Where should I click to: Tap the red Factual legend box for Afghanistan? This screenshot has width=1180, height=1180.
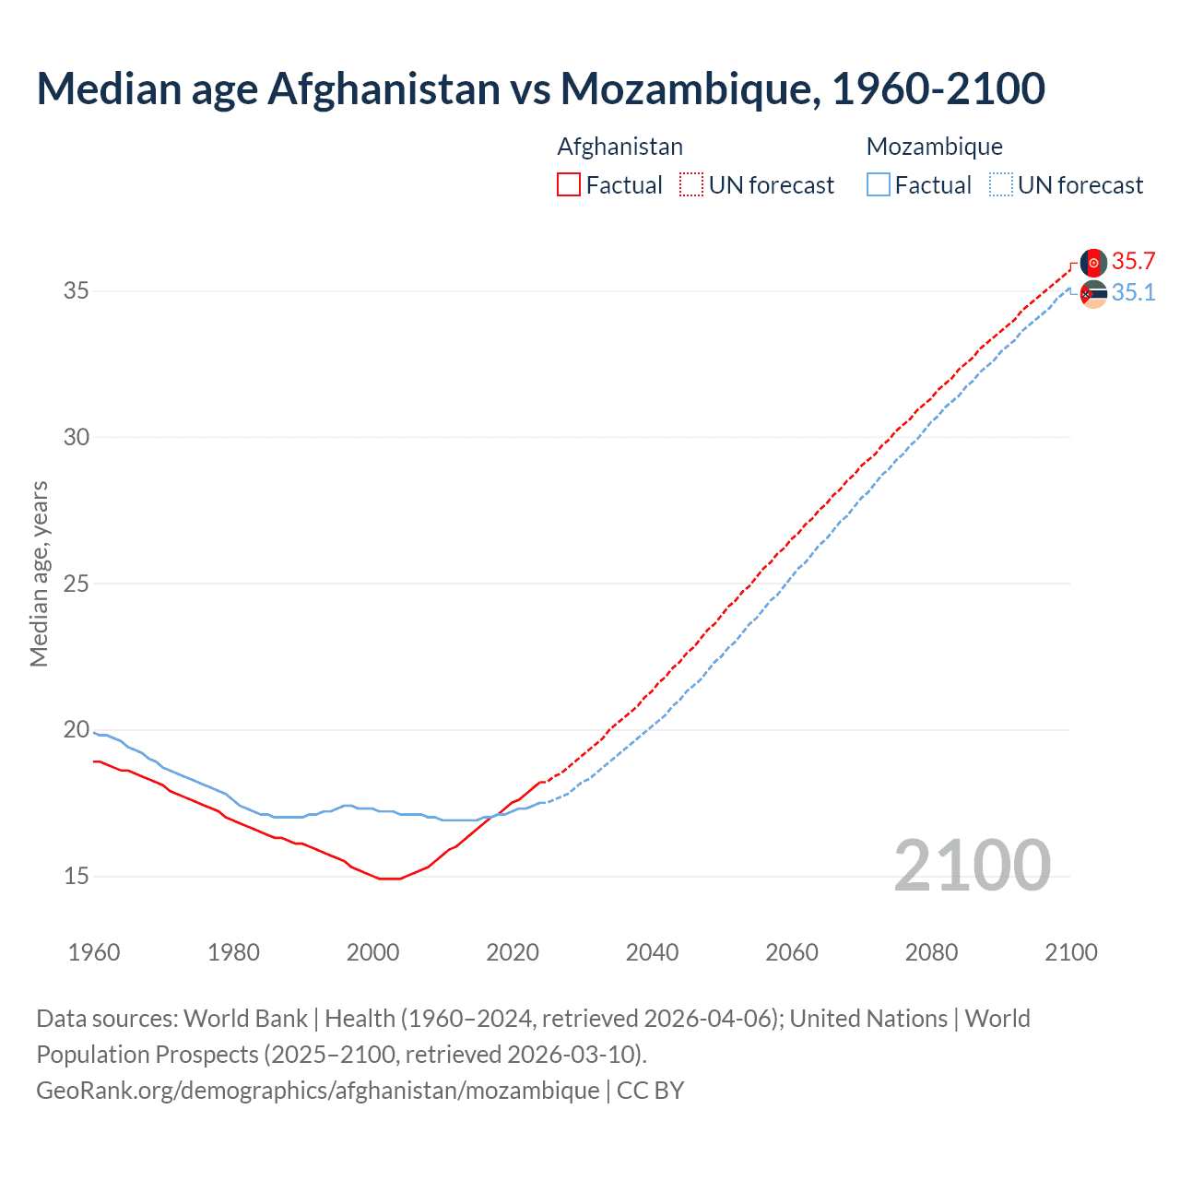tap(569, 185)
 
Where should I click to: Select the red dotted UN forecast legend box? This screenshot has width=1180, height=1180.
tap(691, 185)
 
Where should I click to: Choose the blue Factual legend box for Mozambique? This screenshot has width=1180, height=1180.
tap(879, 185)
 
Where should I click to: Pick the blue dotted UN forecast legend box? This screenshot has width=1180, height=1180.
tap(1001, 185)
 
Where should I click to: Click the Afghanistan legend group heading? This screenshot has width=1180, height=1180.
tap(620, 147)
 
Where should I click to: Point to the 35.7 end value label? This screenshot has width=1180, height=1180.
tap(1133, 262)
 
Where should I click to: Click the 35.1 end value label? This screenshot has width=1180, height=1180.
tap(1133, 293)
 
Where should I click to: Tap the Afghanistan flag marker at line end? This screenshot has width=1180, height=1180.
tap(1093, 263)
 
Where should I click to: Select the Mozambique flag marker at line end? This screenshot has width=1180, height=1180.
tap(1093, 294)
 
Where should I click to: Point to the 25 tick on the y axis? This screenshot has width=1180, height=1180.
tap(77, 584)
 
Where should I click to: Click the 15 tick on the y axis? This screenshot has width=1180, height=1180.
tap(77, 876)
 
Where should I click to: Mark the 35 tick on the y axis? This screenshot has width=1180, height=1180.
tap(77, 291)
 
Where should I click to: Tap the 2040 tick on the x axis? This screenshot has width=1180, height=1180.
tap(652, 952)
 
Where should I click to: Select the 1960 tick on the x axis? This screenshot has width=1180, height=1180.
tap(94, 952)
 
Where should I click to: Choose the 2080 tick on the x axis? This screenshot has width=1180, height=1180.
tap(931, 952)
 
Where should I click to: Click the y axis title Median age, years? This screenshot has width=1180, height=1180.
tap(39, 573)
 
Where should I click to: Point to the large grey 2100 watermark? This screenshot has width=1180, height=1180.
tap(972, 865)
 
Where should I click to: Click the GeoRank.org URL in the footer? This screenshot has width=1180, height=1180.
tap(318, 1091)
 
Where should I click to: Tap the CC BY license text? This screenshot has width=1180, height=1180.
tap(651, 1091)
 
